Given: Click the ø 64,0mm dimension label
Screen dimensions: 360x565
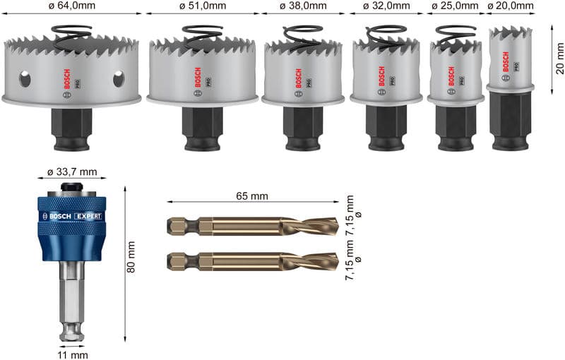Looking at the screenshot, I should pos(73,6).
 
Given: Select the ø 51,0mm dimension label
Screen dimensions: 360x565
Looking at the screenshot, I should pos(202,6).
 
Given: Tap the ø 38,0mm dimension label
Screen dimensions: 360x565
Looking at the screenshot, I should pos(303,6).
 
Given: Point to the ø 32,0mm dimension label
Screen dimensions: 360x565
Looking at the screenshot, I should pos(386,6).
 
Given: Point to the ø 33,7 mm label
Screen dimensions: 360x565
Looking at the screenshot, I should pos(71,173).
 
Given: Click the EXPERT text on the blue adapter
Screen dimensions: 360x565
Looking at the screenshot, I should pos(88,216).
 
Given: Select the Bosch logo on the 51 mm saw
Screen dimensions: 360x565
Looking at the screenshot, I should pos(197,76).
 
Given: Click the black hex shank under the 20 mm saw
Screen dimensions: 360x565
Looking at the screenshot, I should pos(511,119).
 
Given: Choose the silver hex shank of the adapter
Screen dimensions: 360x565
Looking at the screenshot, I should pos(71,296).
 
